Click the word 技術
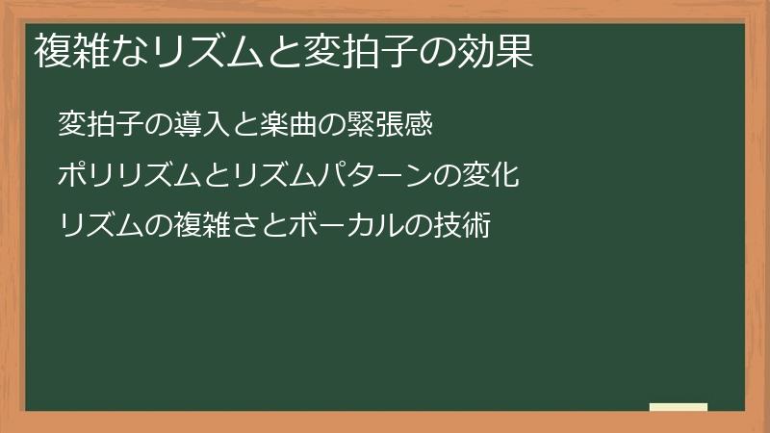(462, 226)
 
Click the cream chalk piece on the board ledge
(679, 407)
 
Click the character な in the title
(123, 51)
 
